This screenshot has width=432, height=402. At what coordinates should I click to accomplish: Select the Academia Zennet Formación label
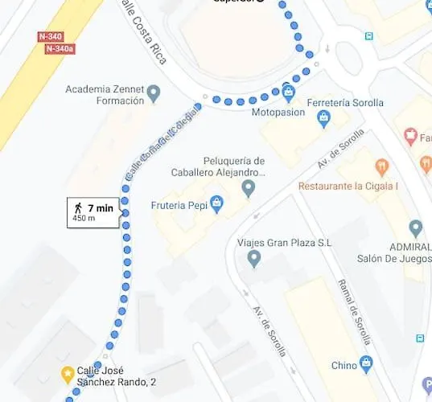click(x=105, y=94)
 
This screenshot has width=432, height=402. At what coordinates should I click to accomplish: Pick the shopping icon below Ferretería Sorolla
click(x=324, y=119)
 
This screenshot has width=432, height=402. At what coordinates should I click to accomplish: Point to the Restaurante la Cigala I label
click(x=348, y=186)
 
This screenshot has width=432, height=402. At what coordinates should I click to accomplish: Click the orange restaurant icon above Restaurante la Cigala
click(x=381, y=168)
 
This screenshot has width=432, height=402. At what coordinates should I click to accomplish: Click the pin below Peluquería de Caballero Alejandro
click(x=249, y=189)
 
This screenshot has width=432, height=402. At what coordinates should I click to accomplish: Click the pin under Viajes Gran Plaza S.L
click(x=254, y=259)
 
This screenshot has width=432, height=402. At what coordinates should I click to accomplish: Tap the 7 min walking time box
click(x=93, y=213)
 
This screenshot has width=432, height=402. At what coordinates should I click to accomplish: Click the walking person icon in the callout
click(x=77, y=208)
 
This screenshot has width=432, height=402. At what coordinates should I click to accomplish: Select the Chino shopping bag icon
click(x=366, y=364)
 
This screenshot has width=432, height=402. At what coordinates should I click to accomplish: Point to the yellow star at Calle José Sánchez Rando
click(x=69, y=373)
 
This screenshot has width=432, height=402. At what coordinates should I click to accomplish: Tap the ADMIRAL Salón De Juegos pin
click(x=415, y=228)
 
